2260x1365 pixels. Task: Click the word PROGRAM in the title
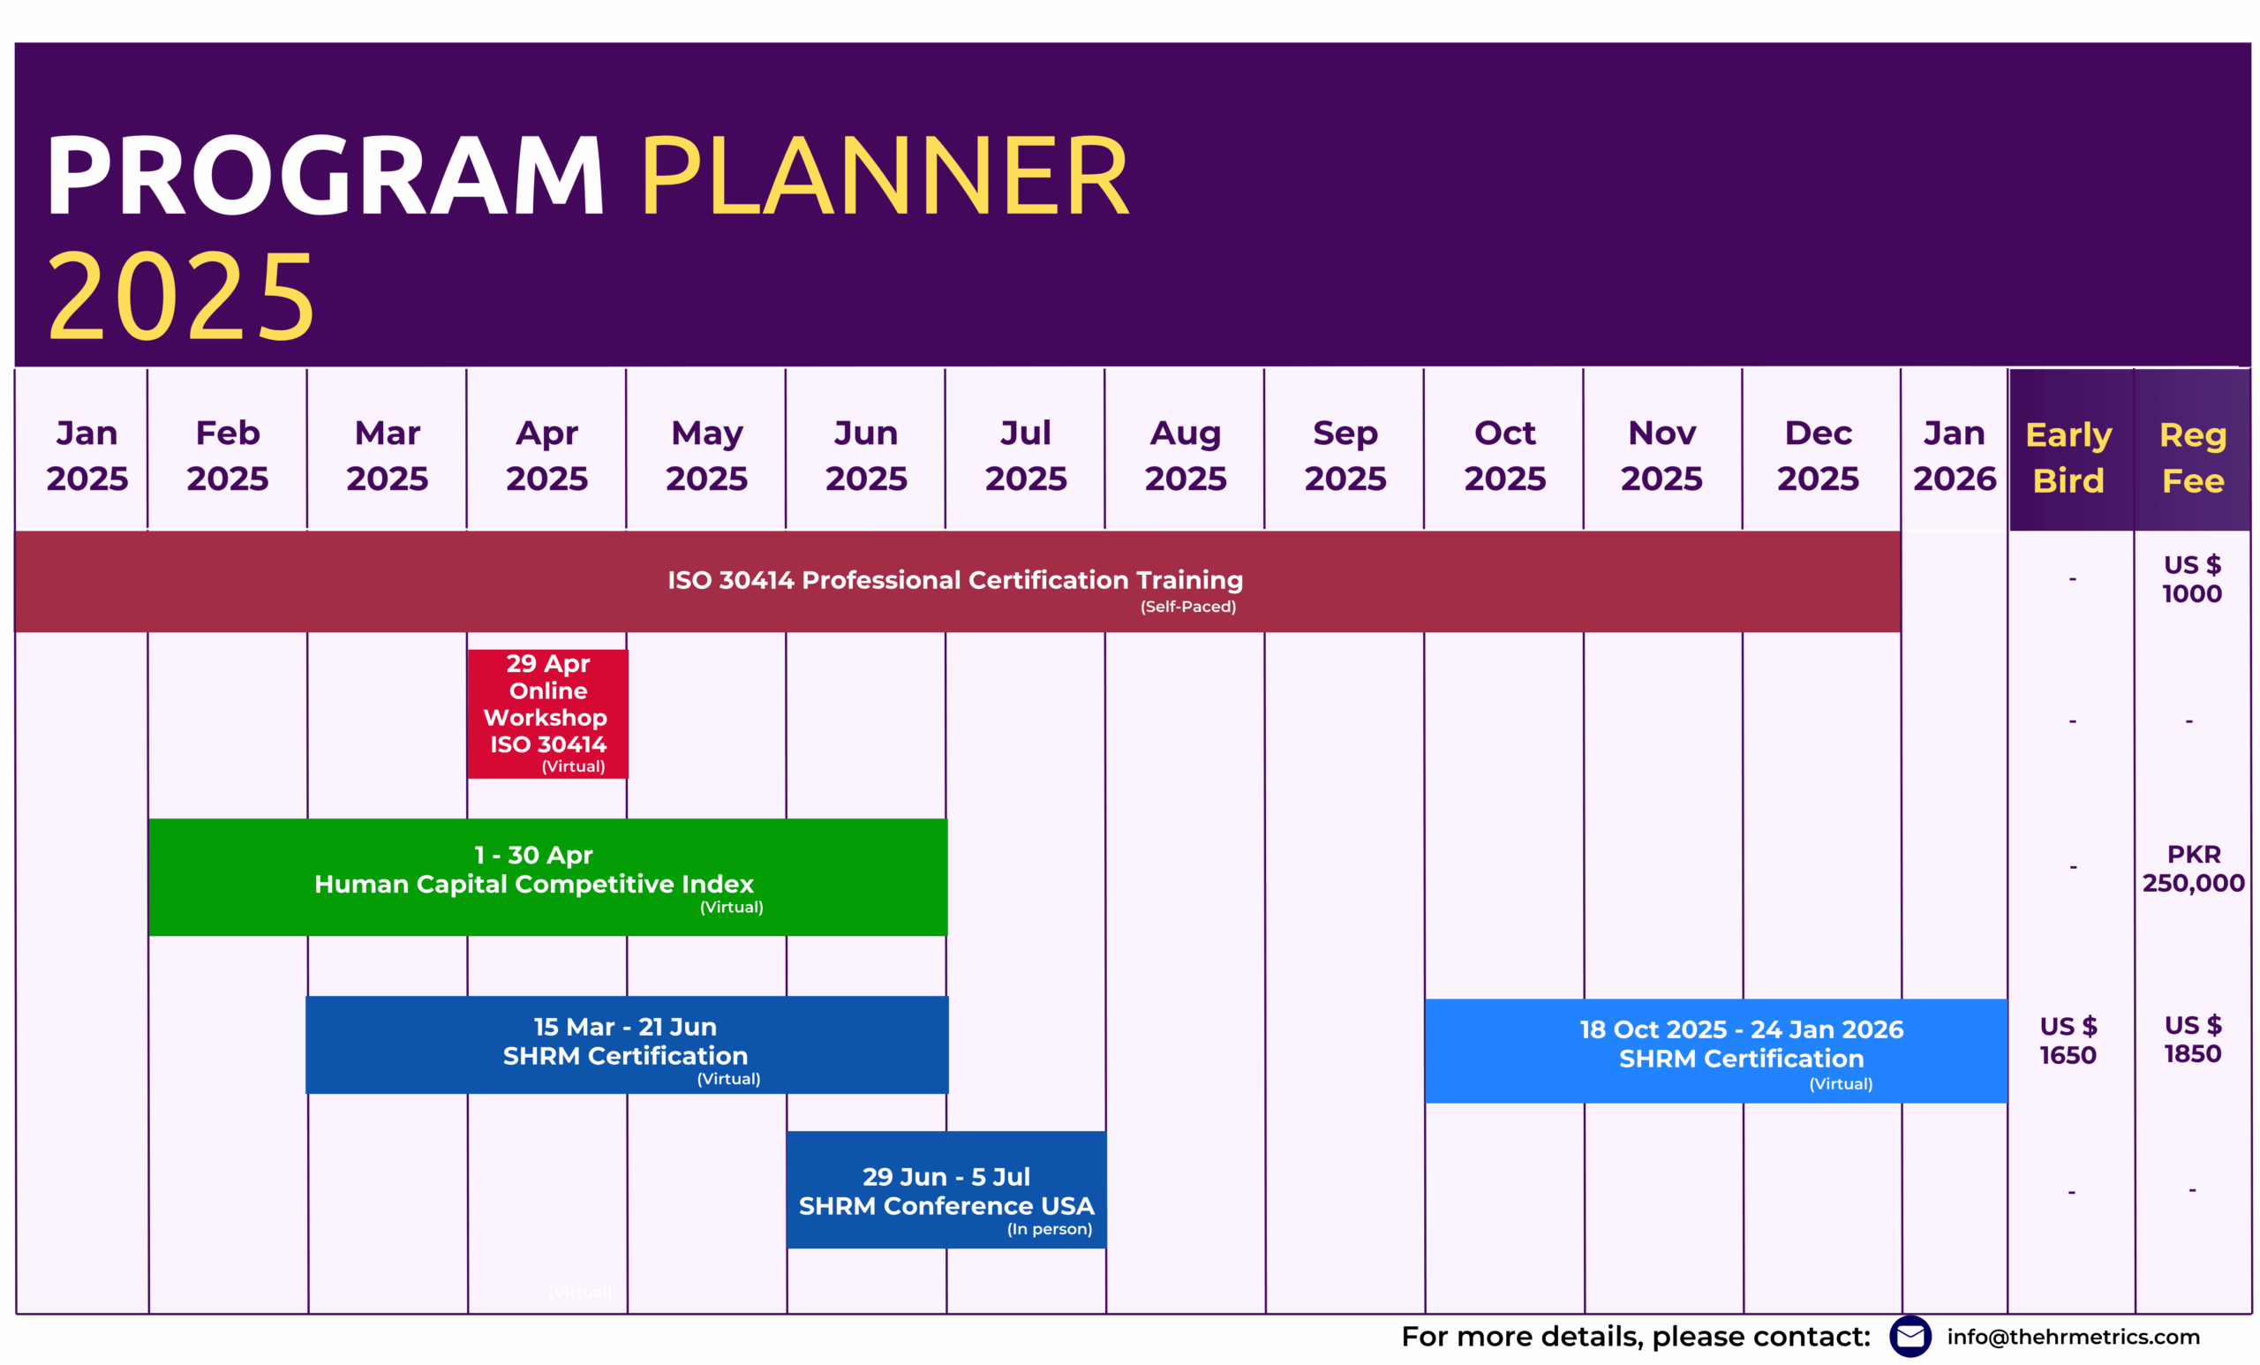326,175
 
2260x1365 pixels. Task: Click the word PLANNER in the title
885,175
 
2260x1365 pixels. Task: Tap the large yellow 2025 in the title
182,297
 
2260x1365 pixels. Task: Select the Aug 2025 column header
1185,455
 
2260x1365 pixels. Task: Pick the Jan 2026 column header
1955,455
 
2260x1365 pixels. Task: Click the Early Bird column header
2069,456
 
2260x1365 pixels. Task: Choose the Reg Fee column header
2193,456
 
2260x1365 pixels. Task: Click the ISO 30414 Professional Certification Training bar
958,582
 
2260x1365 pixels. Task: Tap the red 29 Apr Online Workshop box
547,713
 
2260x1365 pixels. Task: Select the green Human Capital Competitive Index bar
547,877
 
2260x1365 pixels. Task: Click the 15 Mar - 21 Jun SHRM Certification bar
628,1044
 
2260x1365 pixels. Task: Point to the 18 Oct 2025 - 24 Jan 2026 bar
1716,1052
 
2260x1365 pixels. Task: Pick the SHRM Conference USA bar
946,1190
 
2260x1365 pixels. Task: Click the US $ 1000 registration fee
2192,579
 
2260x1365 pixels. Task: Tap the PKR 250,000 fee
2193,869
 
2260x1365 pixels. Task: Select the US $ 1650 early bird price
2068,1040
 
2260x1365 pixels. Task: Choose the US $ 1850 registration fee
2193,1039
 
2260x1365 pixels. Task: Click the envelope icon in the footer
1910,1337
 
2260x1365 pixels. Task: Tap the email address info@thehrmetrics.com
2073,1337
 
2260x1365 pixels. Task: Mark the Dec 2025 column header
1818,455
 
